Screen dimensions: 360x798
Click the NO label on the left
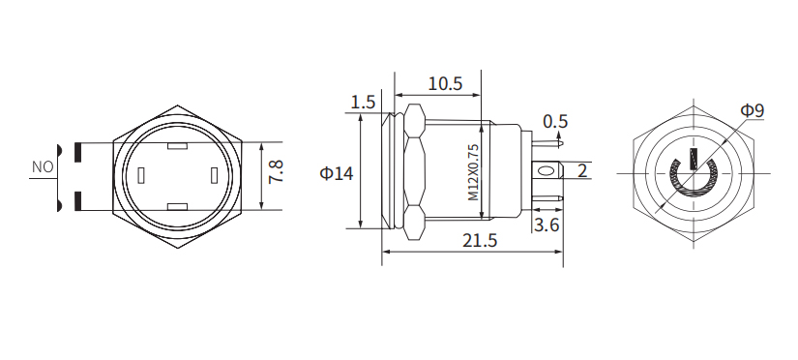[42, 166]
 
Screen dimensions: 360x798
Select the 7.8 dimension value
[277, 173]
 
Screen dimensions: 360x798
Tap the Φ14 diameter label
[336, 173]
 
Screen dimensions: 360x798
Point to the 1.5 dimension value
[363, 103]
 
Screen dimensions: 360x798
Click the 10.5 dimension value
[445, 83]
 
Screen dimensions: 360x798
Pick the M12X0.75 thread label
[474, 172]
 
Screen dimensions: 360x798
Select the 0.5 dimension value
[555, 121]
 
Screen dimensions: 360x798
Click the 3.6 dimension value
[547, 225]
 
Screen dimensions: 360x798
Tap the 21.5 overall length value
[475, 241]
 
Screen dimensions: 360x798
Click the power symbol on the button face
[692, 175]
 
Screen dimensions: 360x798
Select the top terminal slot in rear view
[177, 147]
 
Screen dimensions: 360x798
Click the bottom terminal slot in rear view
[177, 206]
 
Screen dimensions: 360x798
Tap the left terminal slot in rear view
[141, 176]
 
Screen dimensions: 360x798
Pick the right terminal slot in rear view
[213, 176]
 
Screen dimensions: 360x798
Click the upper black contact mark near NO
[74, 151]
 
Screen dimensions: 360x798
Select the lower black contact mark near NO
[74, 202]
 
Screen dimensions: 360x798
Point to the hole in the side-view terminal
[548, 173]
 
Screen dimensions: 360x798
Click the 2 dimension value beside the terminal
[582, 171]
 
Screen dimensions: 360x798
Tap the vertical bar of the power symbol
[693, 161]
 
